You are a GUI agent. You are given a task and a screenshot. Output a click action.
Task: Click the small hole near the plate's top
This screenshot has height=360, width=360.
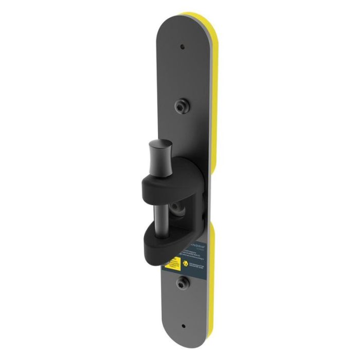[x=182, y=47]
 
